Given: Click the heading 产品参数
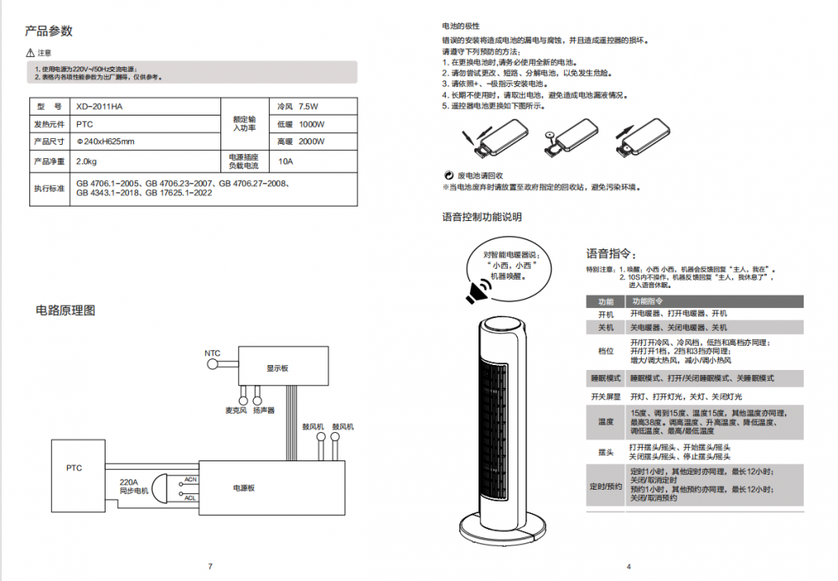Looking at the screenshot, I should click(49, 32).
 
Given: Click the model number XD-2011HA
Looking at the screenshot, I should click(99, 107).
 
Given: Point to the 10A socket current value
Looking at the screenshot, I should click(286, 161).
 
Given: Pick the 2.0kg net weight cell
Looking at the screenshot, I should click(86, 161).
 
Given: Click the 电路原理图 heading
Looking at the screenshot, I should click(65, 311).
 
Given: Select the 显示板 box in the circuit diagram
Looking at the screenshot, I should click(277, 367).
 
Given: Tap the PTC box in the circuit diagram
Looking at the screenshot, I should click(75, 468).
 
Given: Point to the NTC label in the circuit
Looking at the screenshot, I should click(213, 353).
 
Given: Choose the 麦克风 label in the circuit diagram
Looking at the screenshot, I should click(235, 411).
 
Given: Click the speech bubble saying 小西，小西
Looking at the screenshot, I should click(510, 265).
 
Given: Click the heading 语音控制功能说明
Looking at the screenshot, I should click(482, 218).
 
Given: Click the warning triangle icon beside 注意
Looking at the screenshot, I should click(31, 53).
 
